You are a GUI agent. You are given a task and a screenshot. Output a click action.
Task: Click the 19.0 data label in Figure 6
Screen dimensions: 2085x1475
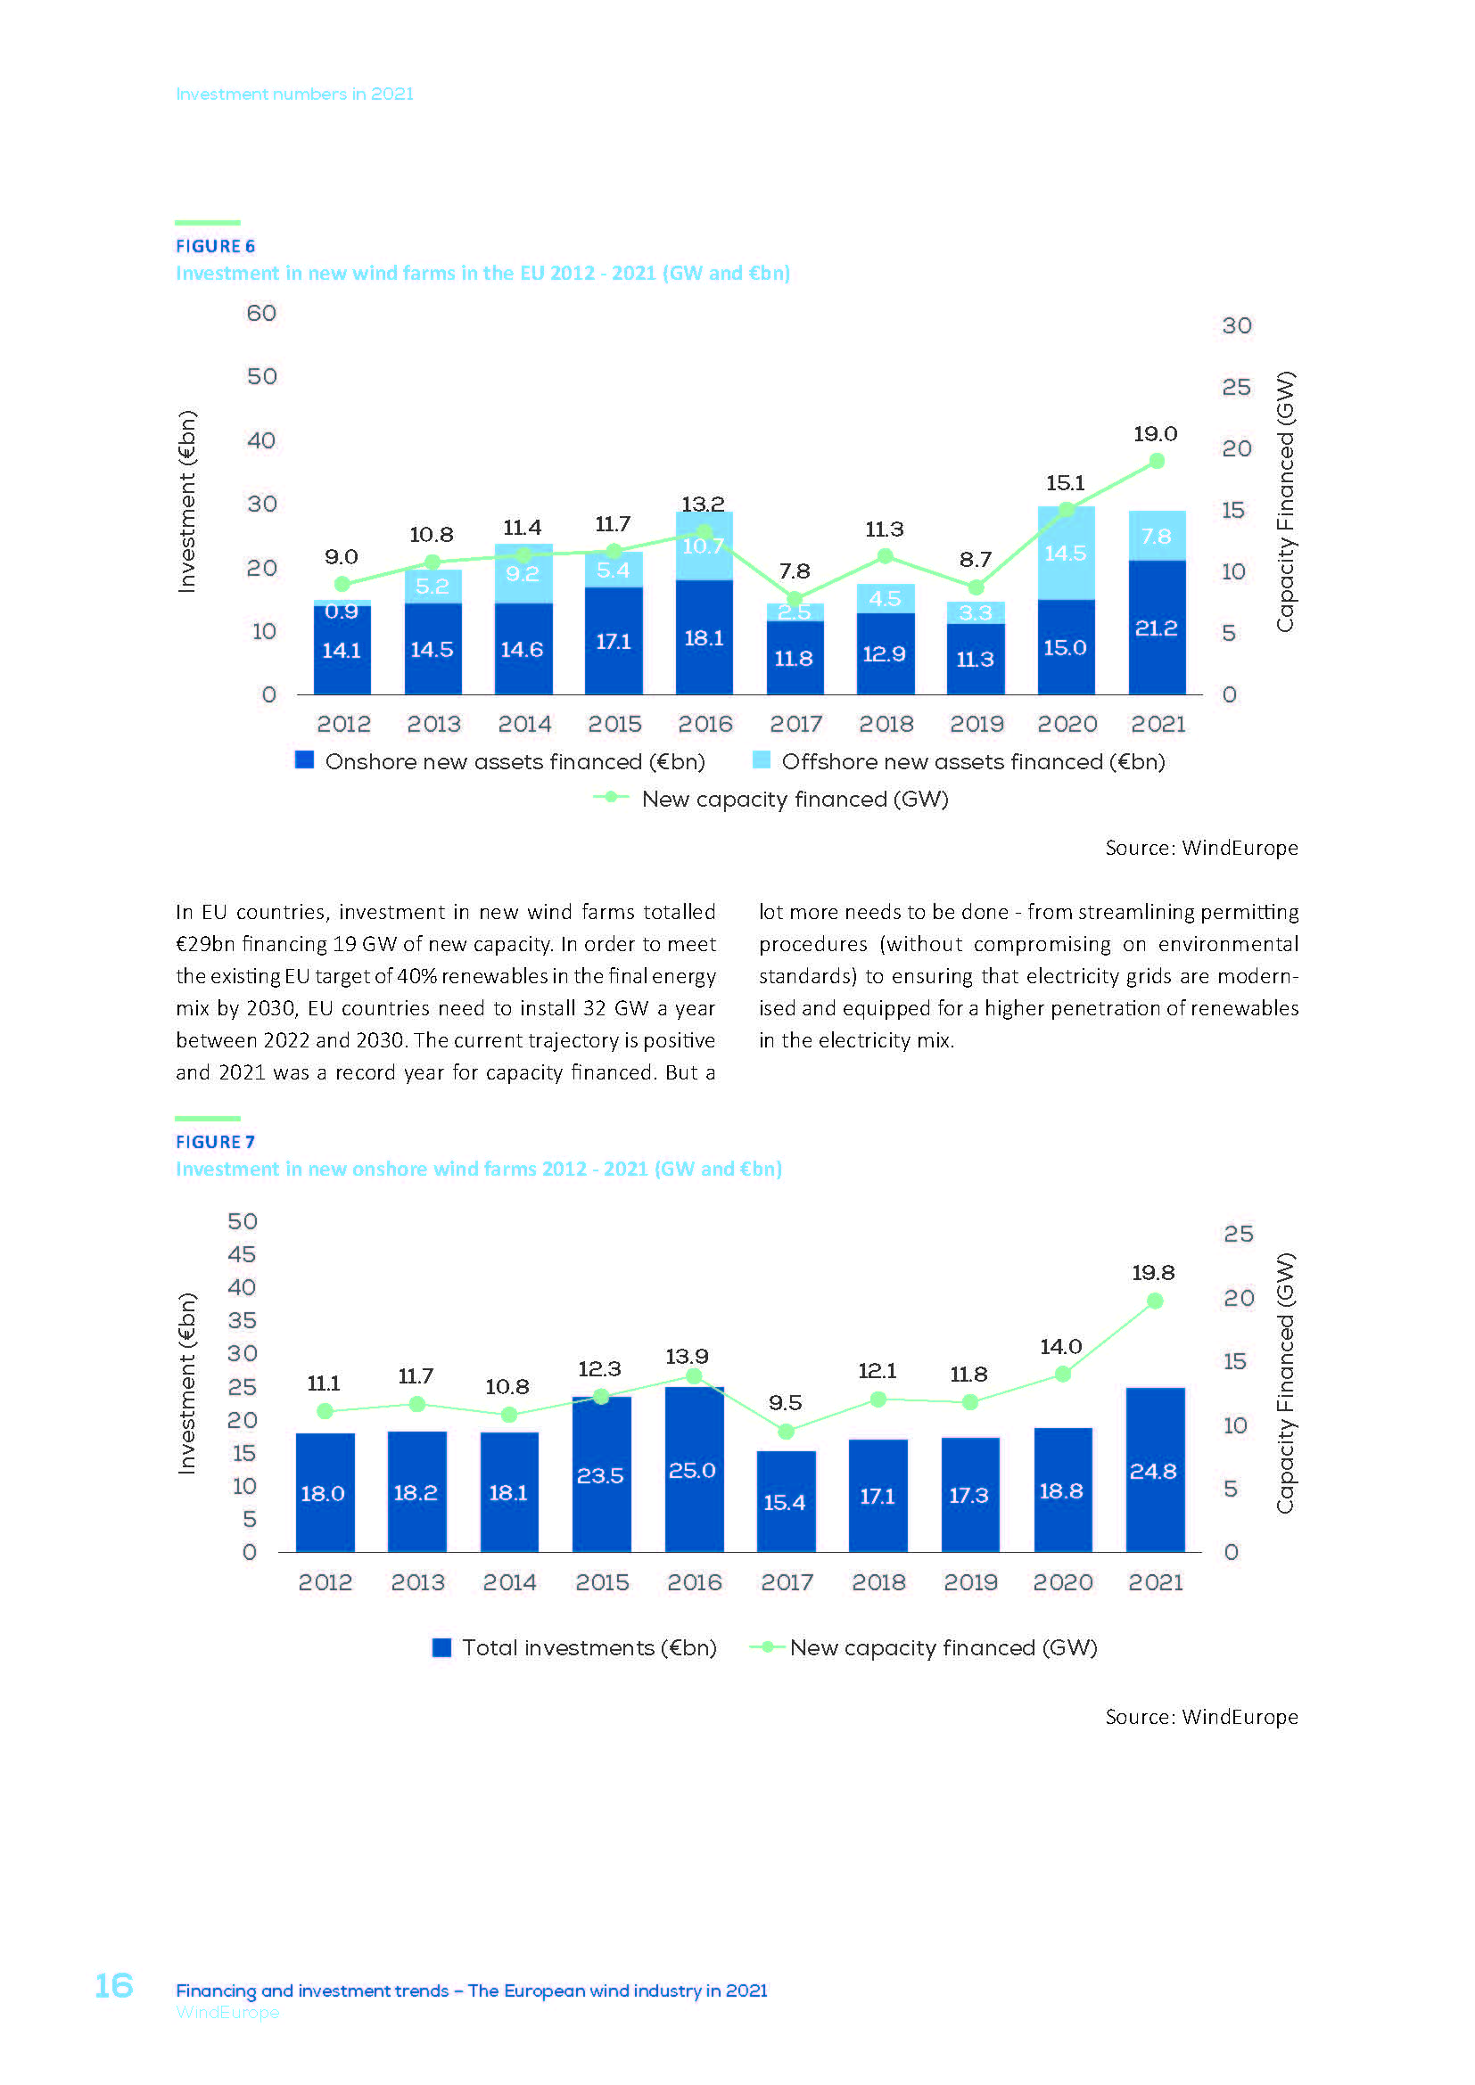coord(1154,434)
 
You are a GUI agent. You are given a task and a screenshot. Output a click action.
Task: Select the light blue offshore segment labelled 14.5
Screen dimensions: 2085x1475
coord(1066,553)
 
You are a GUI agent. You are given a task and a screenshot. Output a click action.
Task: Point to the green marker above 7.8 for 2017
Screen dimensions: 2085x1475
coord(795,598)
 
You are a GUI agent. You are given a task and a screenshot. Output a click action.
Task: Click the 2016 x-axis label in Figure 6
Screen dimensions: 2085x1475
coord(705,724)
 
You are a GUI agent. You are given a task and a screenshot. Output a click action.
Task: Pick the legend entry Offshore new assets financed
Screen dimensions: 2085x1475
coord(961,761)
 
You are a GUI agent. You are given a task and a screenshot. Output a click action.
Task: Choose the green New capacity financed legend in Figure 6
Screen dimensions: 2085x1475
coord(771,799)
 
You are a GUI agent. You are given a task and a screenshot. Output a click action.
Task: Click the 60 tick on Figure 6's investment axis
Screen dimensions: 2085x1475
coord(261,313)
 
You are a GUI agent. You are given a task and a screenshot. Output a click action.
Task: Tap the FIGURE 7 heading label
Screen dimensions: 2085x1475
coord(215,1142)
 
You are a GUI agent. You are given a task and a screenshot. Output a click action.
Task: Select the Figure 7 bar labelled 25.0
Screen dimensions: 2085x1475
coord(694,1471)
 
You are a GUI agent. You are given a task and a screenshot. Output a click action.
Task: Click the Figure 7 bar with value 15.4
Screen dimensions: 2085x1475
coord(786,1502)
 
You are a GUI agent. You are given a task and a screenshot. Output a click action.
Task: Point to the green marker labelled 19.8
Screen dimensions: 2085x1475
coord(1154,1301)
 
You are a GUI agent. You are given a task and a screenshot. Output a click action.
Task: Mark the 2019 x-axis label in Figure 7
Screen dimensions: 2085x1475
coord(970,1582)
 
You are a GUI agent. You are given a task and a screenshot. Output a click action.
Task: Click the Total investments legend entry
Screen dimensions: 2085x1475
coord(575,1647)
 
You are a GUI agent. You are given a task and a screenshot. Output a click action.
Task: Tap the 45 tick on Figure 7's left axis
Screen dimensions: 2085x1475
coord(242,1254)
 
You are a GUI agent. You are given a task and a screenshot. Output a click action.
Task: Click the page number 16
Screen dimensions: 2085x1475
coord(114,1985)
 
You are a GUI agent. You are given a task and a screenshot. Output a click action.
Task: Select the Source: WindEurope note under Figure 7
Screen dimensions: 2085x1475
coord(1200,1716)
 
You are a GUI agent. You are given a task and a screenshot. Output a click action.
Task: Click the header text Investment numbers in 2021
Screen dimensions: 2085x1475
coord(294,94)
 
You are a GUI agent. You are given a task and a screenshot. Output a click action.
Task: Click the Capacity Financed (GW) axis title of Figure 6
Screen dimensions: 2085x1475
coord(1284,501)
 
